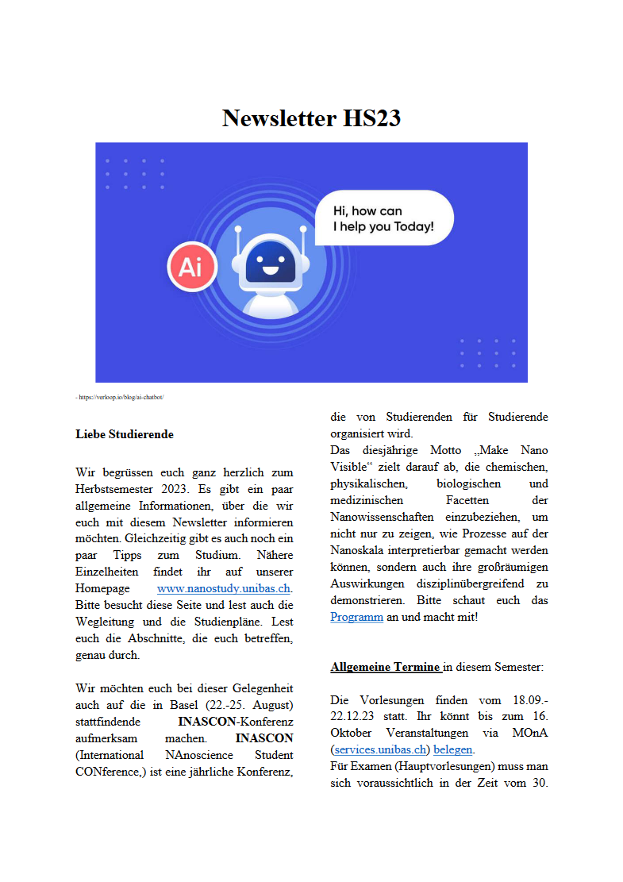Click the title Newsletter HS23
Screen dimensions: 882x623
tap(311, 118)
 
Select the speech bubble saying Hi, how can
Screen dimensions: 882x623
tap(383, 218)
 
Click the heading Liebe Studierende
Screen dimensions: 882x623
tap(125, 434)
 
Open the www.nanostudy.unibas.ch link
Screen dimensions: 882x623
tap(224, 588)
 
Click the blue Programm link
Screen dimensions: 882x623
tap(356, 617)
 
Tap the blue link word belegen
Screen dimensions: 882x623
tap(453, 749)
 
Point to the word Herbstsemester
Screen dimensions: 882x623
tap(114, 489)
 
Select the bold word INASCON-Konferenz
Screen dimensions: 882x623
tap(236, 722)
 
